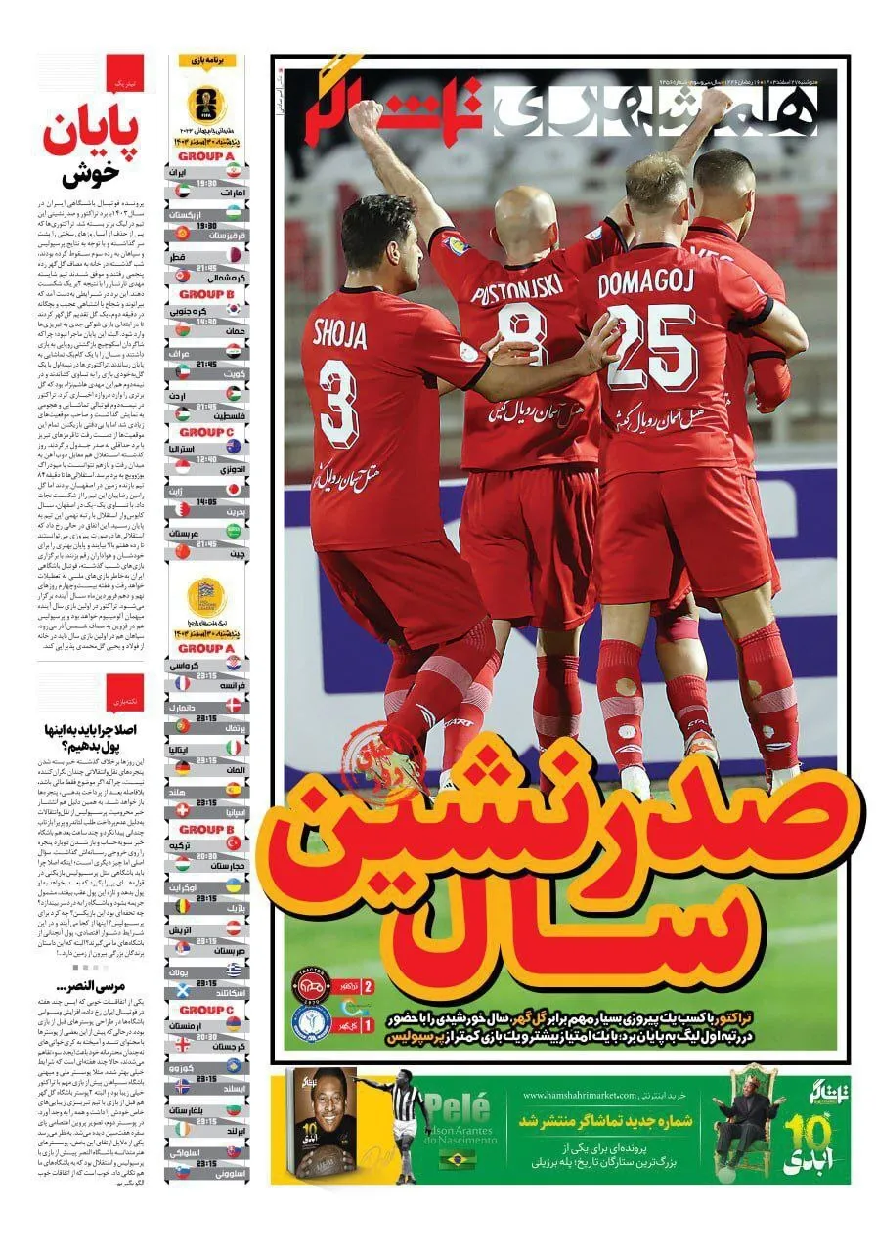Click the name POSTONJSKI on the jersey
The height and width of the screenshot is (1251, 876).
coord(518,291)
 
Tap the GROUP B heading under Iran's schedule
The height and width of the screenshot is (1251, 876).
coord(205,294)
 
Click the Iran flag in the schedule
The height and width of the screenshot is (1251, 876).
coord(234,170)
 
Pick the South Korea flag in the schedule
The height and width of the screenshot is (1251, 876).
coord(234,308)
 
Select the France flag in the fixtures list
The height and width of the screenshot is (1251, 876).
coord(182,684)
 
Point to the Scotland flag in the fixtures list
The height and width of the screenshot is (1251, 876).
coord(182,992)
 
